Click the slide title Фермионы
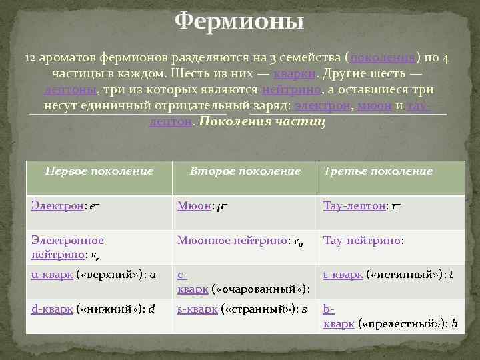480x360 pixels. coord(239,22)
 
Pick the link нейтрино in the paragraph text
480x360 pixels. coord(293,89)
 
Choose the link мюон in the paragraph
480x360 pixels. coord(374,105)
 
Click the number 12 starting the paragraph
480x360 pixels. coord(32,58)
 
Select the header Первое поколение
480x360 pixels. coord(99,171)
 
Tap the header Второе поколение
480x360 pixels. coord(245,171)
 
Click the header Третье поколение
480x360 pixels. coord(378,171)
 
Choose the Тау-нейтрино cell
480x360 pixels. coord(363,239)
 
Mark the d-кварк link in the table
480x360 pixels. coord(51,308)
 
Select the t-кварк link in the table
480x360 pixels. coord(339,273)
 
